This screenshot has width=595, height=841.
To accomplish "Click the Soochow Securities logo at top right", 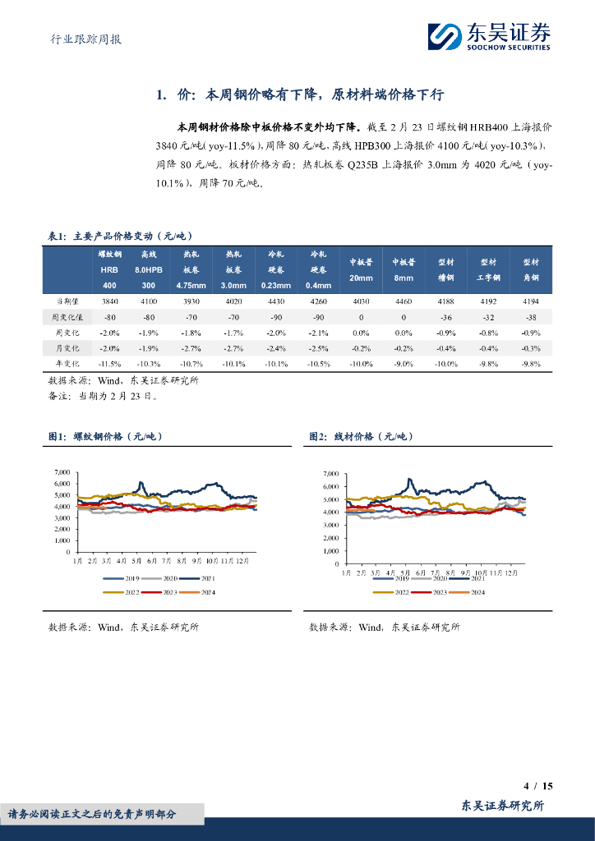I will [x=488, y=36].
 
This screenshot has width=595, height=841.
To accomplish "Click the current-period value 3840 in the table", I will [x=110, y=301].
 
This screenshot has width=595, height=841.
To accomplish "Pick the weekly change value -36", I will [x=446, y=316].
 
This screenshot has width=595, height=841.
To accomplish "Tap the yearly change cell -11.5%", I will [x=110, y=363].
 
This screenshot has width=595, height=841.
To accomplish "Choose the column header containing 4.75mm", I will [x=190, y=270].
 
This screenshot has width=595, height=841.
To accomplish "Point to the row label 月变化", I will [x=66, y=347].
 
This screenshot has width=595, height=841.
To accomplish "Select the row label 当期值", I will [x=66, y=301].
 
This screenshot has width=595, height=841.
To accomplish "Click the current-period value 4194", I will [x=531, y=301].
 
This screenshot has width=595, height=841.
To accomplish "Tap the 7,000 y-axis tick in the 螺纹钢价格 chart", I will [x=62, y=472].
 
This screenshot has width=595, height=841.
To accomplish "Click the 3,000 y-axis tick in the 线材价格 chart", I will [x=331, y=525].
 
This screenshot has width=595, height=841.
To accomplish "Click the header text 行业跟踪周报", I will [x=81, y=39].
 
